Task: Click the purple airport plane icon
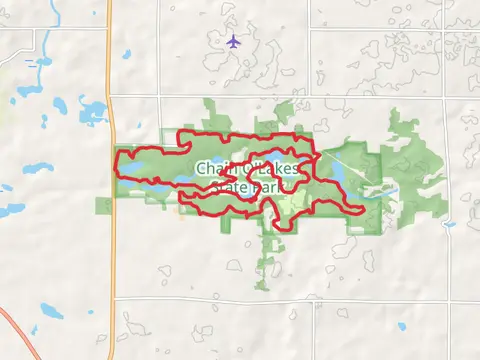233,41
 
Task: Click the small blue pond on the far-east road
449,224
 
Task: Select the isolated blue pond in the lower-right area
400,326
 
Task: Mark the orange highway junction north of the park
112,96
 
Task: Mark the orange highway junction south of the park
113,297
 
